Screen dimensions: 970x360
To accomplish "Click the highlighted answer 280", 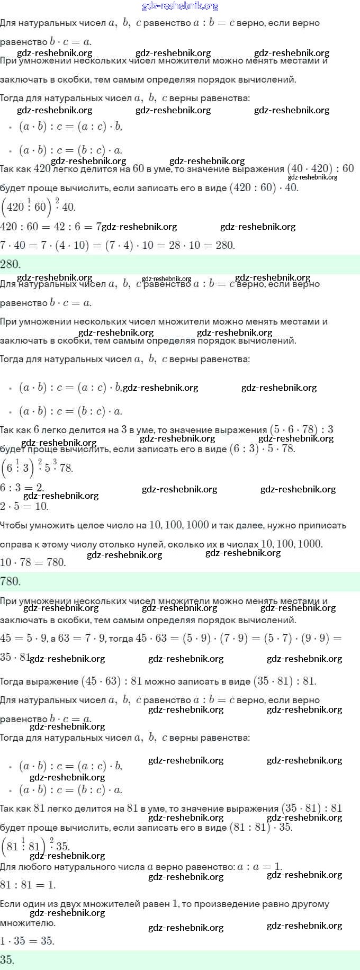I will pos(11,264).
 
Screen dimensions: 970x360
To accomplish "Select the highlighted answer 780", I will pos(11,581).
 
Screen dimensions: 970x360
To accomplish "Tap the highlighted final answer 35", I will pos(7,959).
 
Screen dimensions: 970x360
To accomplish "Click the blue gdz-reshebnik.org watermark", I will pos(180,6).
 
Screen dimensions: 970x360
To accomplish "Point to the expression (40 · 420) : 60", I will pos(320,169).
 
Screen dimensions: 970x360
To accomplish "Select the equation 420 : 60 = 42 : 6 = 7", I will pos(51,227).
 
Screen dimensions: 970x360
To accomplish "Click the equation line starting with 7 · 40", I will pos(117,245).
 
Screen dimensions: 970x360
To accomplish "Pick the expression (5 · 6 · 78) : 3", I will pos(301,429).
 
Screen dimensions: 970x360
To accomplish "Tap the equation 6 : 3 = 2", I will pos(22,488).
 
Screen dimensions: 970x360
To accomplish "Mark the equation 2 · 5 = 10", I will pos(24,506).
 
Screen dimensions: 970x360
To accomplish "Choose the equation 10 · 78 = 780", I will pos(33,562).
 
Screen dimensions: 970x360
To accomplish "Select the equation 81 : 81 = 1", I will pos(28,885).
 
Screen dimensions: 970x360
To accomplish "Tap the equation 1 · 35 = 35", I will pos(27,941).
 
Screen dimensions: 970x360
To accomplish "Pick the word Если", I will pos(10,904).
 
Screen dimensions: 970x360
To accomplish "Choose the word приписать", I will pos(323,525).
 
